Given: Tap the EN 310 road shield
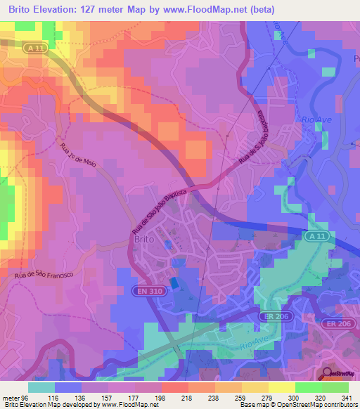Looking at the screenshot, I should tap(145, 290).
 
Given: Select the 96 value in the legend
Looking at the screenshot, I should tap(27, 398).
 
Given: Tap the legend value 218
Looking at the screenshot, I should tap(167, 398).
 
